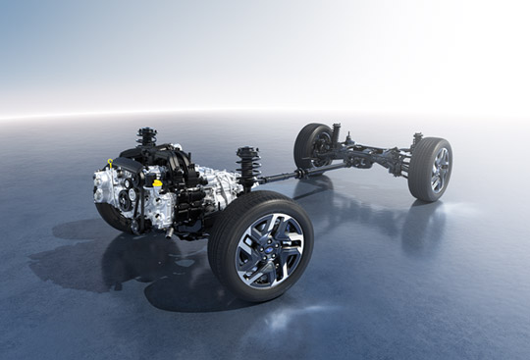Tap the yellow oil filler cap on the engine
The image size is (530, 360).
click(157, 182)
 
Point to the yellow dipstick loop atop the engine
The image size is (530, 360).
click(112, 162)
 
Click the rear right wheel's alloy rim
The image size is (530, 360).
click(440, 170)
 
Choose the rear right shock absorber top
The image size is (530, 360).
click(417, 138)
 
